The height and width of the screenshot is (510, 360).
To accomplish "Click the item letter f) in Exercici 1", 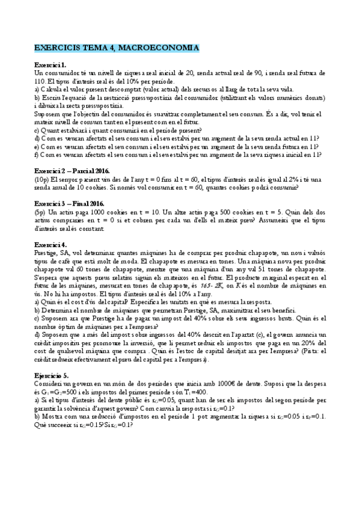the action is click(x=37, y=155).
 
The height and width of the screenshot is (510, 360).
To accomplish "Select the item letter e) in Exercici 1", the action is click(x=37, y=146).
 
